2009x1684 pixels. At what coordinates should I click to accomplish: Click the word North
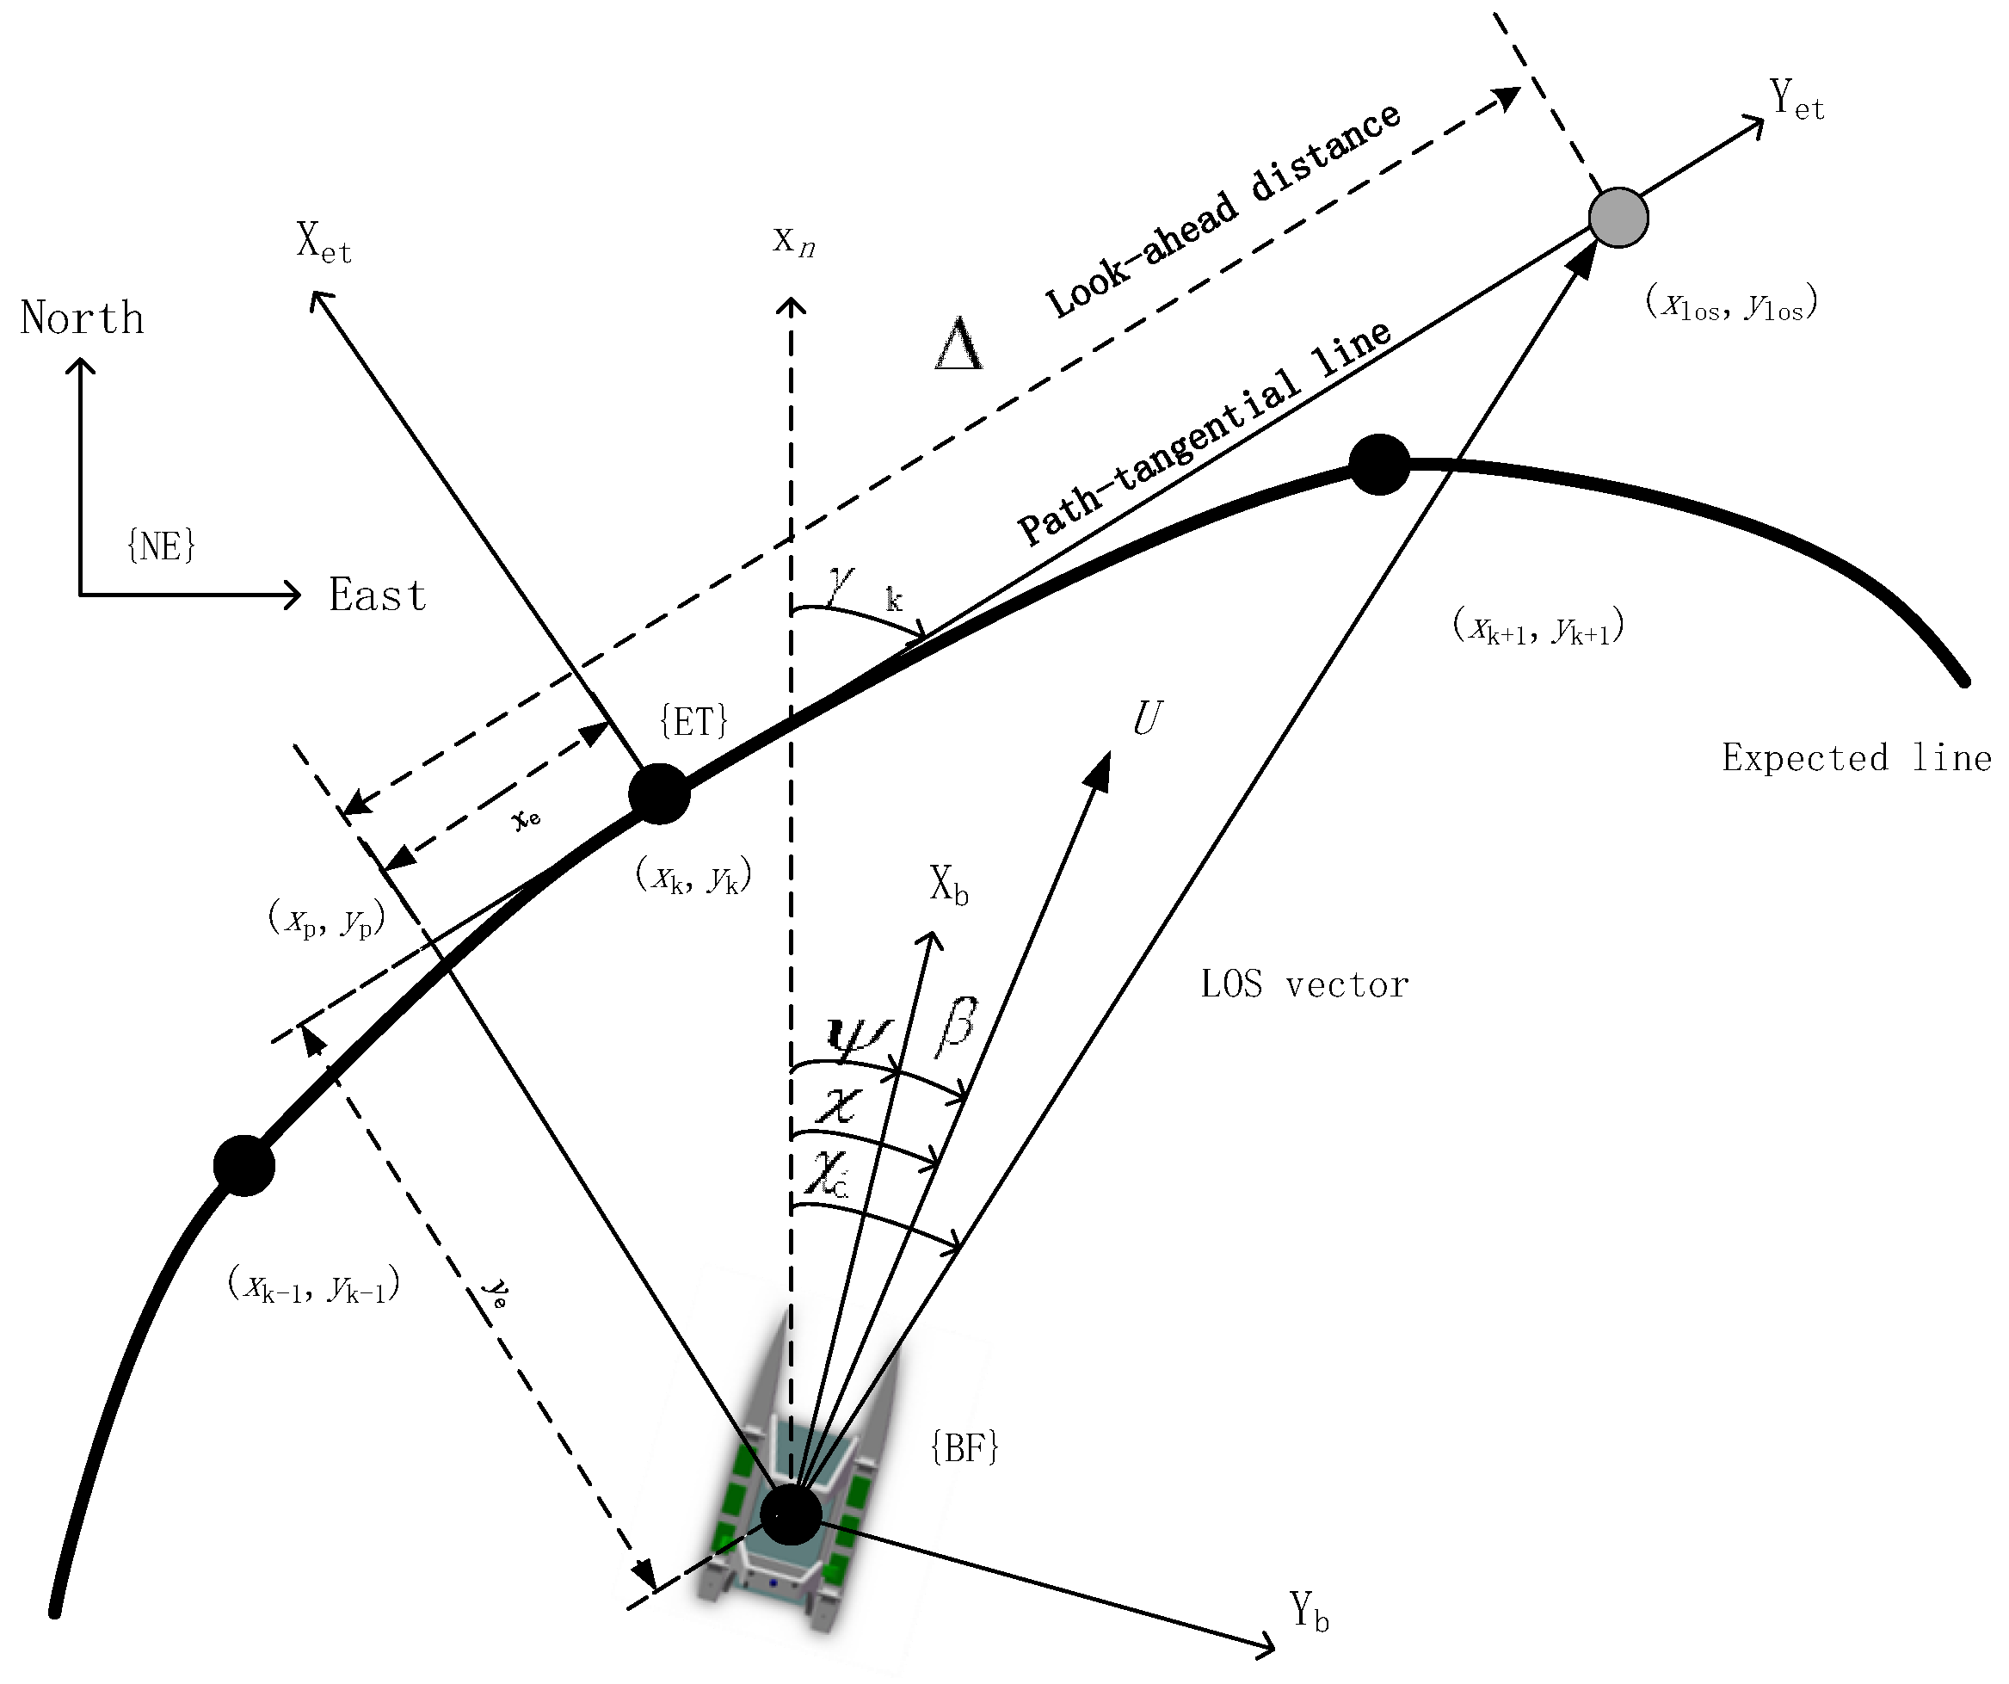(83, 318)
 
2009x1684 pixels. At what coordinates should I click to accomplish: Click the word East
(377, 595)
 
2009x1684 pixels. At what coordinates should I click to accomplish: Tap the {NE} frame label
(161, 546)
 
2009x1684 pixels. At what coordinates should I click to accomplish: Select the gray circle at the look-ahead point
(1618, 219)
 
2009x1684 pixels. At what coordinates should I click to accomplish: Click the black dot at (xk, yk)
(659, 793)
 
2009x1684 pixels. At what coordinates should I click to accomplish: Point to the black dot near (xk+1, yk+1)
(1378, 464)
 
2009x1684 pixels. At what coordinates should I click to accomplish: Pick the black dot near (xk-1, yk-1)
(244, 1165)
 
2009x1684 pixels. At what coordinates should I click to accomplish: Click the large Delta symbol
(958, 344)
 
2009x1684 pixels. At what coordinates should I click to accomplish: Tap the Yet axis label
(1796, 101)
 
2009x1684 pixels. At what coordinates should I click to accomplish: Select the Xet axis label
(324, 242)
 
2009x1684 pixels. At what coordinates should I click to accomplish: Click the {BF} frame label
(964, 1448)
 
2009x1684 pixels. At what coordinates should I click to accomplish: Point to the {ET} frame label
(693, 720)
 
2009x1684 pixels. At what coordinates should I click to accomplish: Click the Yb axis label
(1308, 1611)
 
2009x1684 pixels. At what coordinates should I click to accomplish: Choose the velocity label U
(1147, 718)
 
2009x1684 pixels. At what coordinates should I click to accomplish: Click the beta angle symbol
(956, 1027)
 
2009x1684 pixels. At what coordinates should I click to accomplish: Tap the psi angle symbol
(856, 1036)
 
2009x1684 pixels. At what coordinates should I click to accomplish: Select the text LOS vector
(1304, 984)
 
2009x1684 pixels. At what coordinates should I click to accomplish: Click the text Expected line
(1856, 758)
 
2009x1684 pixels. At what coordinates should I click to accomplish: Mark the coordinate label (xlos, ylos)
(1730, 303)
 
